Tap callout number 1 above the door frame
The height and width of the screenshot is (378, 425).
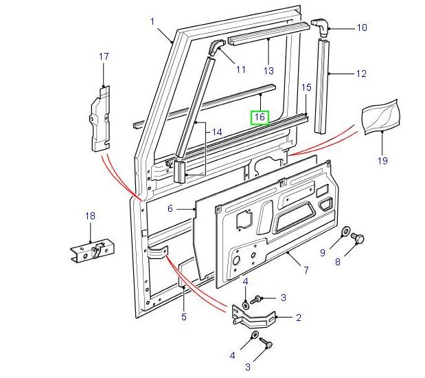[x=152, y=21]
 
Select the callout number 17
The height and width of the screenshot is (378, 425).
[x=104, y=56]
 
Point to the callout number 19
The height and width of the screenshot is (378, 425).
[x=382, y=161]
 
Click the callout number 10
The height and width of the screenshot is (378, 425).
[x=362, y=28]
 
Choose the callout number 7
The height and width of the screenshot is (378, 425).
[x=306, y=270]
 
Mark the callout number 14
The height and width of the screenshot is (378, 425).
[x=217, y=132]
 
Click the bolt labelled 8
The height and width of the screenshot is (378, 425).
[x=357, y=238]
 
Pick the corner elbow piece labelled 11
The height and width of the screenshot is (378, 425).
[x=216, y=48]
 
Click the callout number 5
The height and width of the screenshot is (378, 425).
[x=184, y=317]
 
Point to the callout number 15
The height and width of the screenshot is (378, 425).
[x=306, y=87]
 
